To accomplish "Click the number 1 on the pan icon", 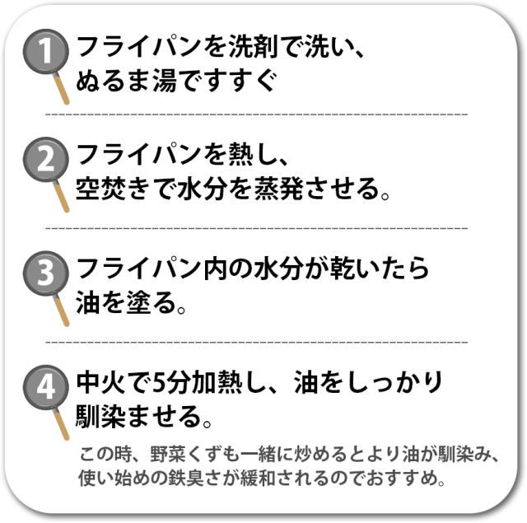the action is click(46, 50).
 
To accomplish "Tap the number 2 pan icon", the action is click(46, 159).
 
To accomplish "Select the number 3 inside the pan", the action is click(46, 273).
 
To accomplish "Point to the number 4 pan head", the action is click(46, 387).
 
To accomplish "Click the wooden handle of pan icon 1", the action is click(62, 89).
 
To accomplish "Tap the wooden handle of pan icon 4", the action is click(62, 424).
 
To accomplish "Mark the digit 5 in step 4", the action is click(158, 382).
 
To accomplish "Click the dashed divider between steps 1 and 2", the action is click(257, 114).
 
